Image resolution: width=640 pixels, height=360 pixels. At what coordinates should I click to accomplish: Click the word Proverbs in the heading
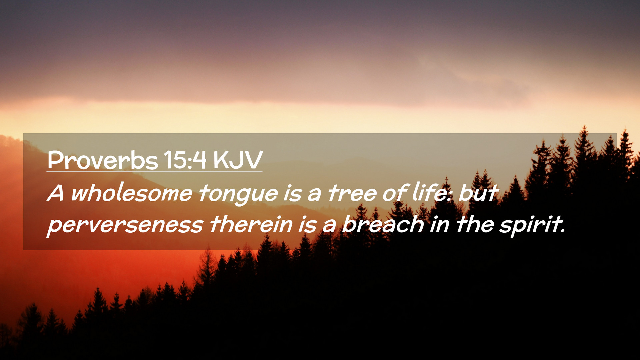pos(102,160)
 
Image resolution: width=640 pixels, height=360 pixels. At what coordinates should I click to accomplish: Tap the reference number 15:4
pos(185,160)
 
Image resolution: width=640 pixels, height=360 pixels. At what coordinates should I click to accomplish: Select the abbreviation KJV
pos(238,160)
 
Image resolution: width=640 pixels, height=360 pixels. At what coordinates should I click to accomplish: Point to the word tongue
pos(238,195)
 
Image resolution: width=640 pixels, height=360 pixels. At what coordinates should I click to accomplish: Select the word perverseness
pos(125,225)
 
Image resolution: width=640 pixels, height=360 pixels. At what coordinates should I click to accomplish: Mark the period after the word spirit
pos(563,231)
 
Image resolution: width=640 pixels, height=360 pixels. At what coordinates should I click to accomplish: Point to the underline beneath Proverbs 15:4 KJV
pos(154,171)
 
